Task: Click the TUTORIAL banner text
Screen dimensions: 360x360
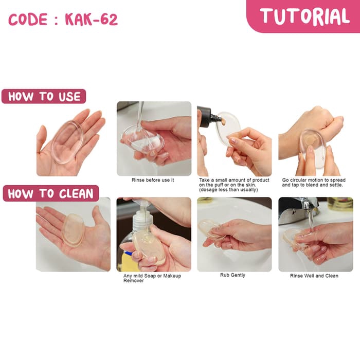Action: point(304,16)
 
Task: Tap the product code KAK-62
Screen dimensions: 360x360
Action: point(92,20)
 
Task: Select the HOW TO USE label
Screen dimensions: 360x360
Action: point(44,97)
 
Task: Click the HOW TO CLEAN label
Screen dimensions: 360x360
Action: point(51,193)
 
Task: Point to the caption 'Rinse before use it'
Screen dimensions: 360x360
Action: point(153,180)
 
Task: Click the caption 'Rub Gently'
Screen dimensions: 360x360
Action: point(232,275)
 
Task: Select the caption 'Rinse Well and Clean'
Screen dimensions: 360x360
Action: point(314,276)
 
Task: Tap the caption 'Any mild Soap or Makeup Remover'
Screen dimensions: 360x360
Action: point(152,278)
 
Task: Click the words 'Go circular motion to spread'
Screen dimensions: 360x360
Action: point(314,180)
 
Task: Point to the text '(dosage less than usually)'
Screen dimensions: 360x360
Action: point(228,190)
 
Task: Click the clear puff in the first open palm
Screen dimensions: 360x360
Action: point(67,142)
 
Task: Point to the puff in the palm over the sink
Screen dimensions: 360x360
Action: point(74,230)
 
